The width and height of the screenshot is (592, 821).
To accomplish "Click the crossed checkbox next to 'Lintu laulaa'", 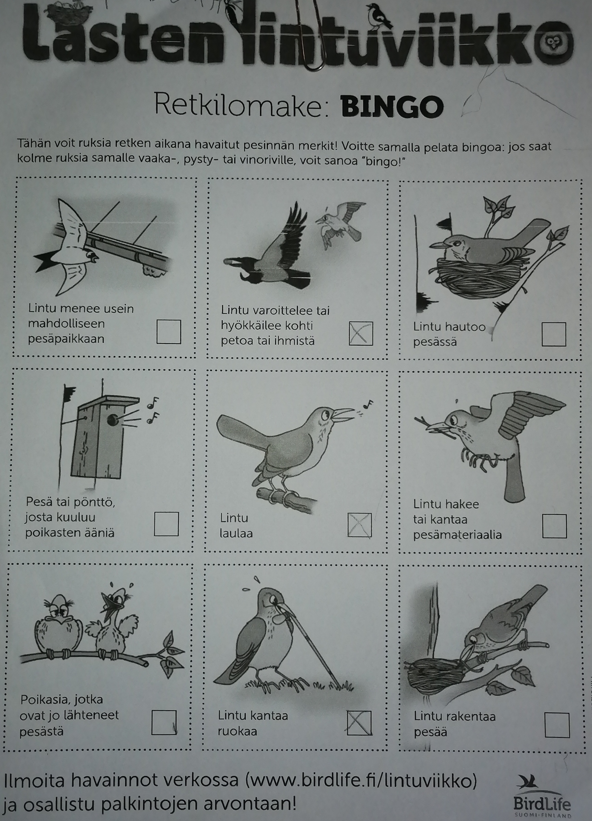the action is [359, 525].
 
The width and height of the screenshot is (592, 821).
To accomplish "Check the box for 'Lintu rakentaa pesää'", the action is [557, 725].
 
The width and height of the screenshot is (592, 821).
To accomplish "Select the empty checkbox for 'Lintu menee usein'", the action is [169, 332].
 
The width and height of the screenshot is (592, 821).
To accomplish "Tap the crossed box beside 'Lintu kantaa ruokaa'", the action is [359, 723].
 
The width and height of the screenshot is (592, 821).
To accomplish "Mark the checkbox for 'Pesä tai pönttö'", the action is [166, 524].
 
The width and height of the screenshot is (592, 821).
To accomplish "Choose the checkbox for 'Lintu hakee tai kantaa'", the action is [554, 526].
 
